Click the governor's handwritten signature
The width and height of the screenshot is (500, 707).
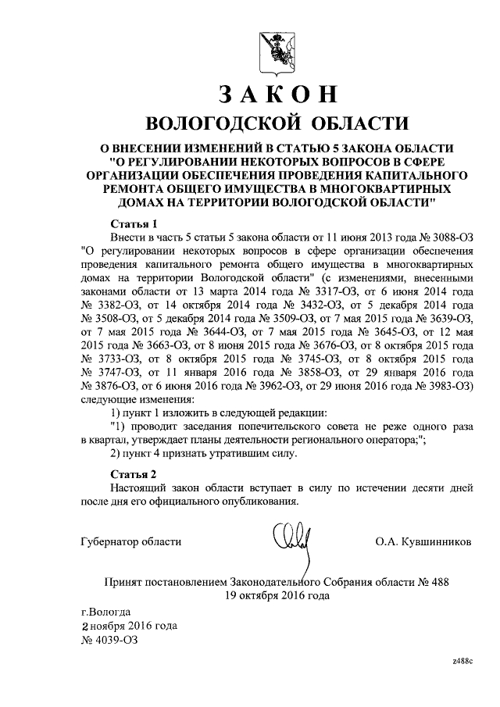coord(290,541)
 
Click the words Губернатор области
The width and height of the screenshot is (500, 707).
coord(130,541)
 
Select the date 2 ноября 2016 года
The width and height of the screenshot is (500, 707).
coord(130,626)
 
